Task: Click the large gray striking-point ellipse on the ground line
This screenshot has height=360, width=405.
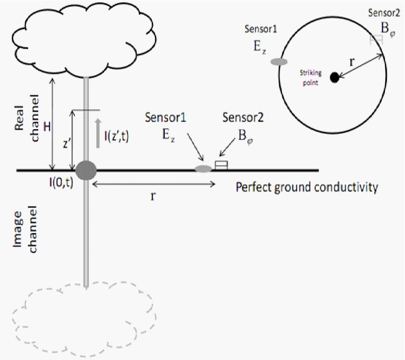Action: (x=85, y=170)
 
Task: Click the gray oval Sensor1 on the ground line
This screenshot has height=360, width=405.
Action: (x=202, y=169)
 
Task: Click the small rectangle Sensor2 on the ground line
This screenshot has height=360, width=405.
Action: (x=221, y=166)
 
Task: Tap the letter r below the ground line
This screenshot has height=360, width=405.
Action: (x=153, y=197)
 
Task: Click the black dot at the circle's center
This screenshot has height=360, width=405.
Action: (x=334, y=78)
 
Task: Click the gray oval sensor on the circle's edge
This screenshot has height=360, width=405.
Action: (x=279, y=62)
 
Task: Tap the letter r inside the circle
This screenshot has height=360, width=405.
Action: (x=351, y=62)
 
